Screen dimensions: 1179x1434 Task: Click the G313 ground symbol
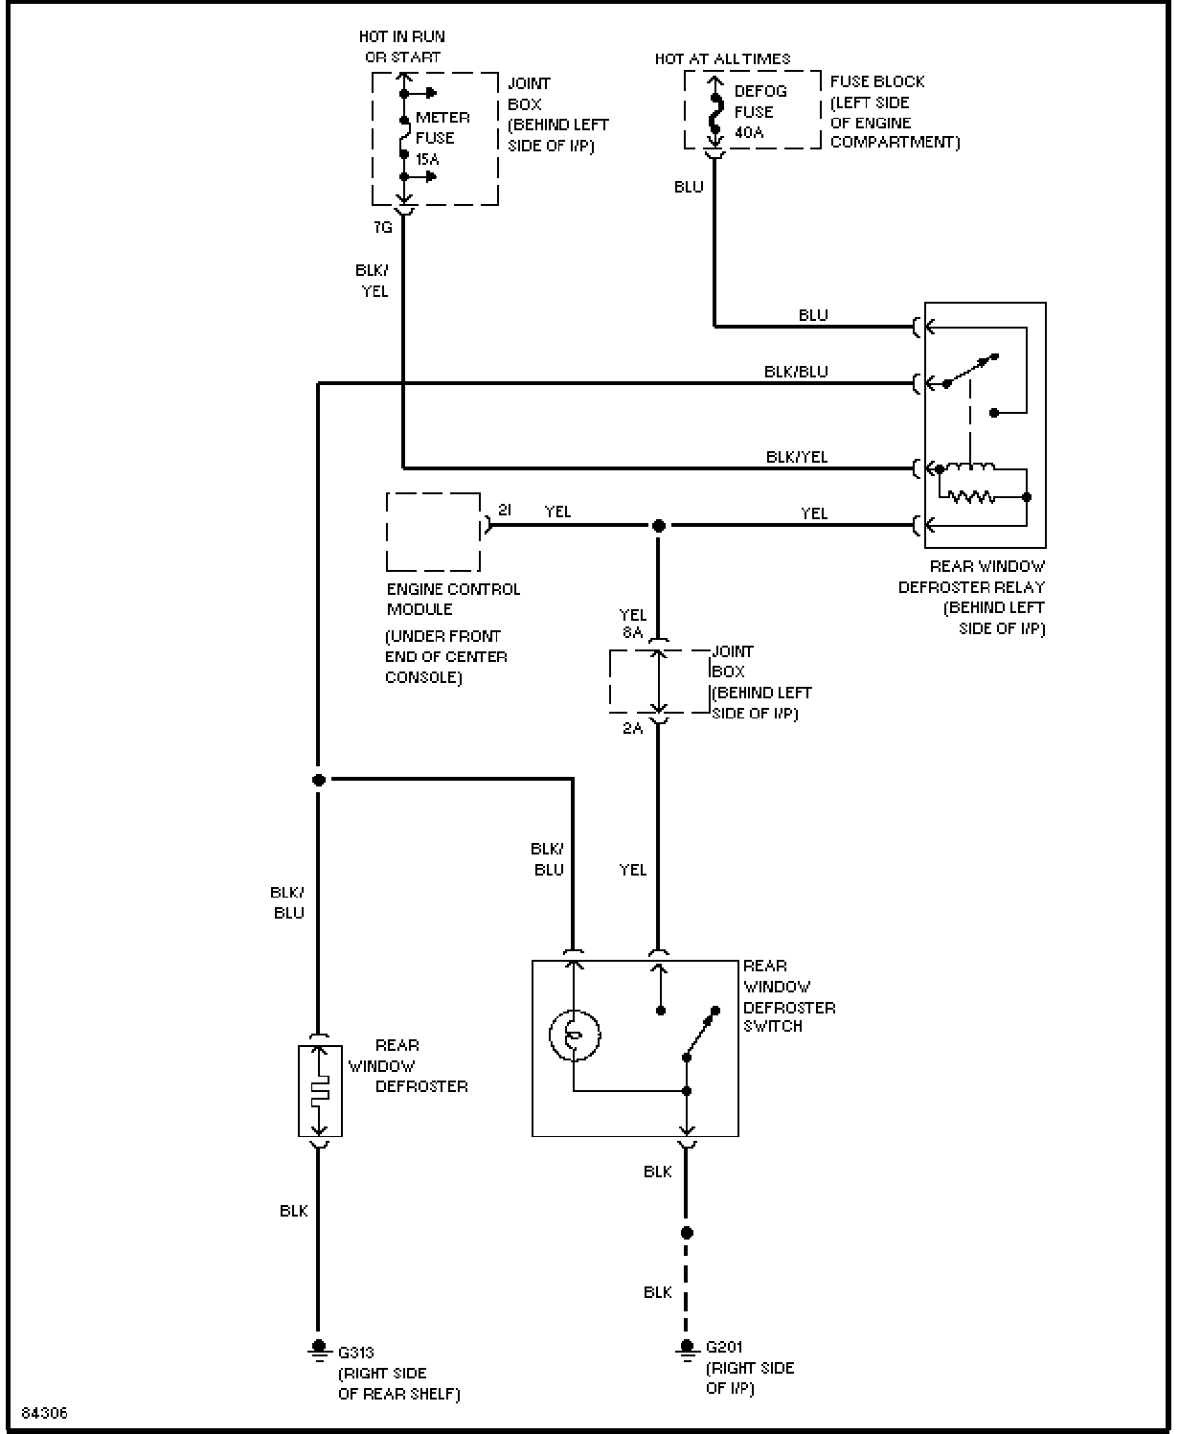pyautogui.click(x=318, y=1350)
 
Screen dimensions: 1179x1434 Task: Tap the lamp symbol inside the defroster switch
pyautogui.click(x=575, y=1036)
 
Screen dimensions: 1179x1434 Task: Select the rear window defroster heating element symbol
pyautogui.click(x=319, y=1091)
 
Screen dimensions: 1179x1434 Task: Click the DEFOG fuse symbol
pyautogui.click(x=714, y=113)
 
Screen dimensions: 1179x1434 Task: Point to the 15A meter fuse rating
pyautogui.click(x=427, y=160)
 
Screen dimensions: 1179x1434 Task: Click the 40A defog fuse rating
pyautogui.click(x=749, y=132)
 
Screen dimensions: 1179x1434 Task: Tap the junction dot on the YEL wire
pyautogui.click(x=658, y=526)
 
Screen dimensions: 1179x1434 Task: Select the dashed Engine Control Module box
pyautogui.click(x=433, y=533)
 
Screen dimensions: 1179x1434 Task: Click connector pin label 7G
pyautogui.click(x=383, y=227)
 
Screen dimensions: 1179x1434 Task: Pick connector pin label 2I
pyautogui.click(x=505, y=510)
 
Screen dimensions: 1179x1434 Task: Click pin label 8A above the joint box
pyautogui.click(x=632, y=632)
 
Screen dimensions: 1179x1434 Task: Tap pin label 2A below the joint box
pyautogui.click(x=632, y=728)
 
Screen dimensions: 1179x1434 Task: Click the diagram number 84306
pyautogui.click(x=45, y=1413)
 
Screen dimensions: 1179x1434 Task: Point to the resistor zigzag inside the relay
pyautogui.click(x=972, y=497)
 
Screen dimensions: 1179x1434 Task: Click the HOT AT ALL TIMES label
pyautogui.click(x=722, y=59)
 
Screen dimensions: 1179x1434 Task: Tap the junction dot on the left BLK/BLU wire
pyautogui.click(x=318, y=780)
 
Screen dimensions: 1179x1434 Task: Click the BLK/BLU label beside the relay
pyautogui.click(x=796, y=372)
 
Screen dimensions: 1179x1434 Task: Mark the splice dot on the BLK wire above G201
pyautogui.click(x=687, y=1233)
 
